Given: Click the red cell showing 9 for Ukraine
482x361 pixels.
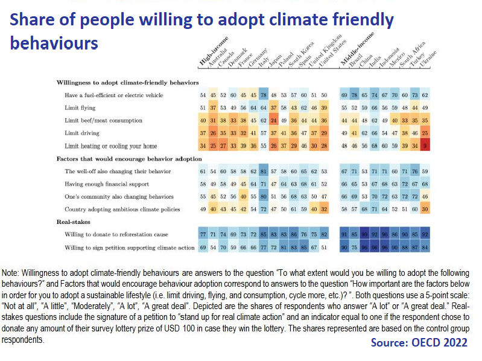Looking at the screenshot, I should click(425, 145).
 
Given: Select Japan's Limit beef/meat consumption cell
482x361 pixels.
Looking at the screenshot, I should click(274, 120).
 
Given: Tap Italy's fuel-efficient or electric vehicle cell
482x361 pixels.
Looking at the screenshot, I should click(263, 95).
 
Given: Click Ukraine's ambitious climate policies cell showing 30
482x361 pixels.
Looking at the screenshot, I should click(425, 209).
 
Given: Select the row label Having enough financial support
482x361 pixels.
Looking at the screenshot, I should click(106, 184).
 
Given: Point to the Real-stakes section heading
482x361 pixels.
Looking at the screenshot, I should click(73, 222).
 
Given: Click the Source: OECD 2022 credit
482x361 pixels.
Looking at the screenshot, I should click(420, 342).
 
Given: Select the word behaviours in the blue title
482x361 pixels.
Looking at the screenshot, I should click(54, 43).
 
